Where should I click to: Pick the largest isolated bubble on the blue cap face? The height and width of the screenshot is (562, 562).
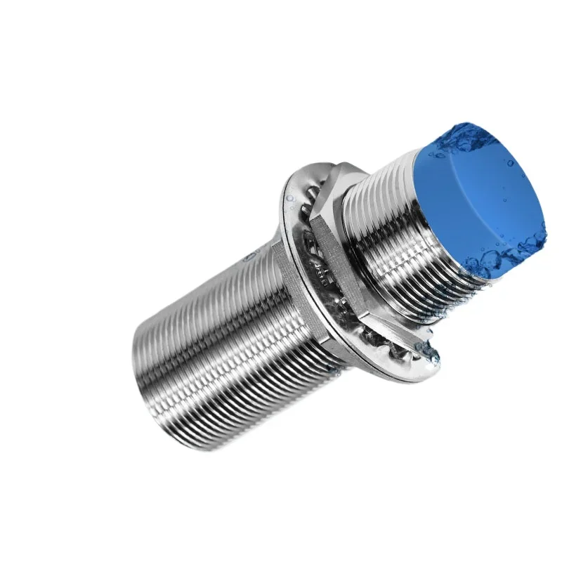511,163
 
